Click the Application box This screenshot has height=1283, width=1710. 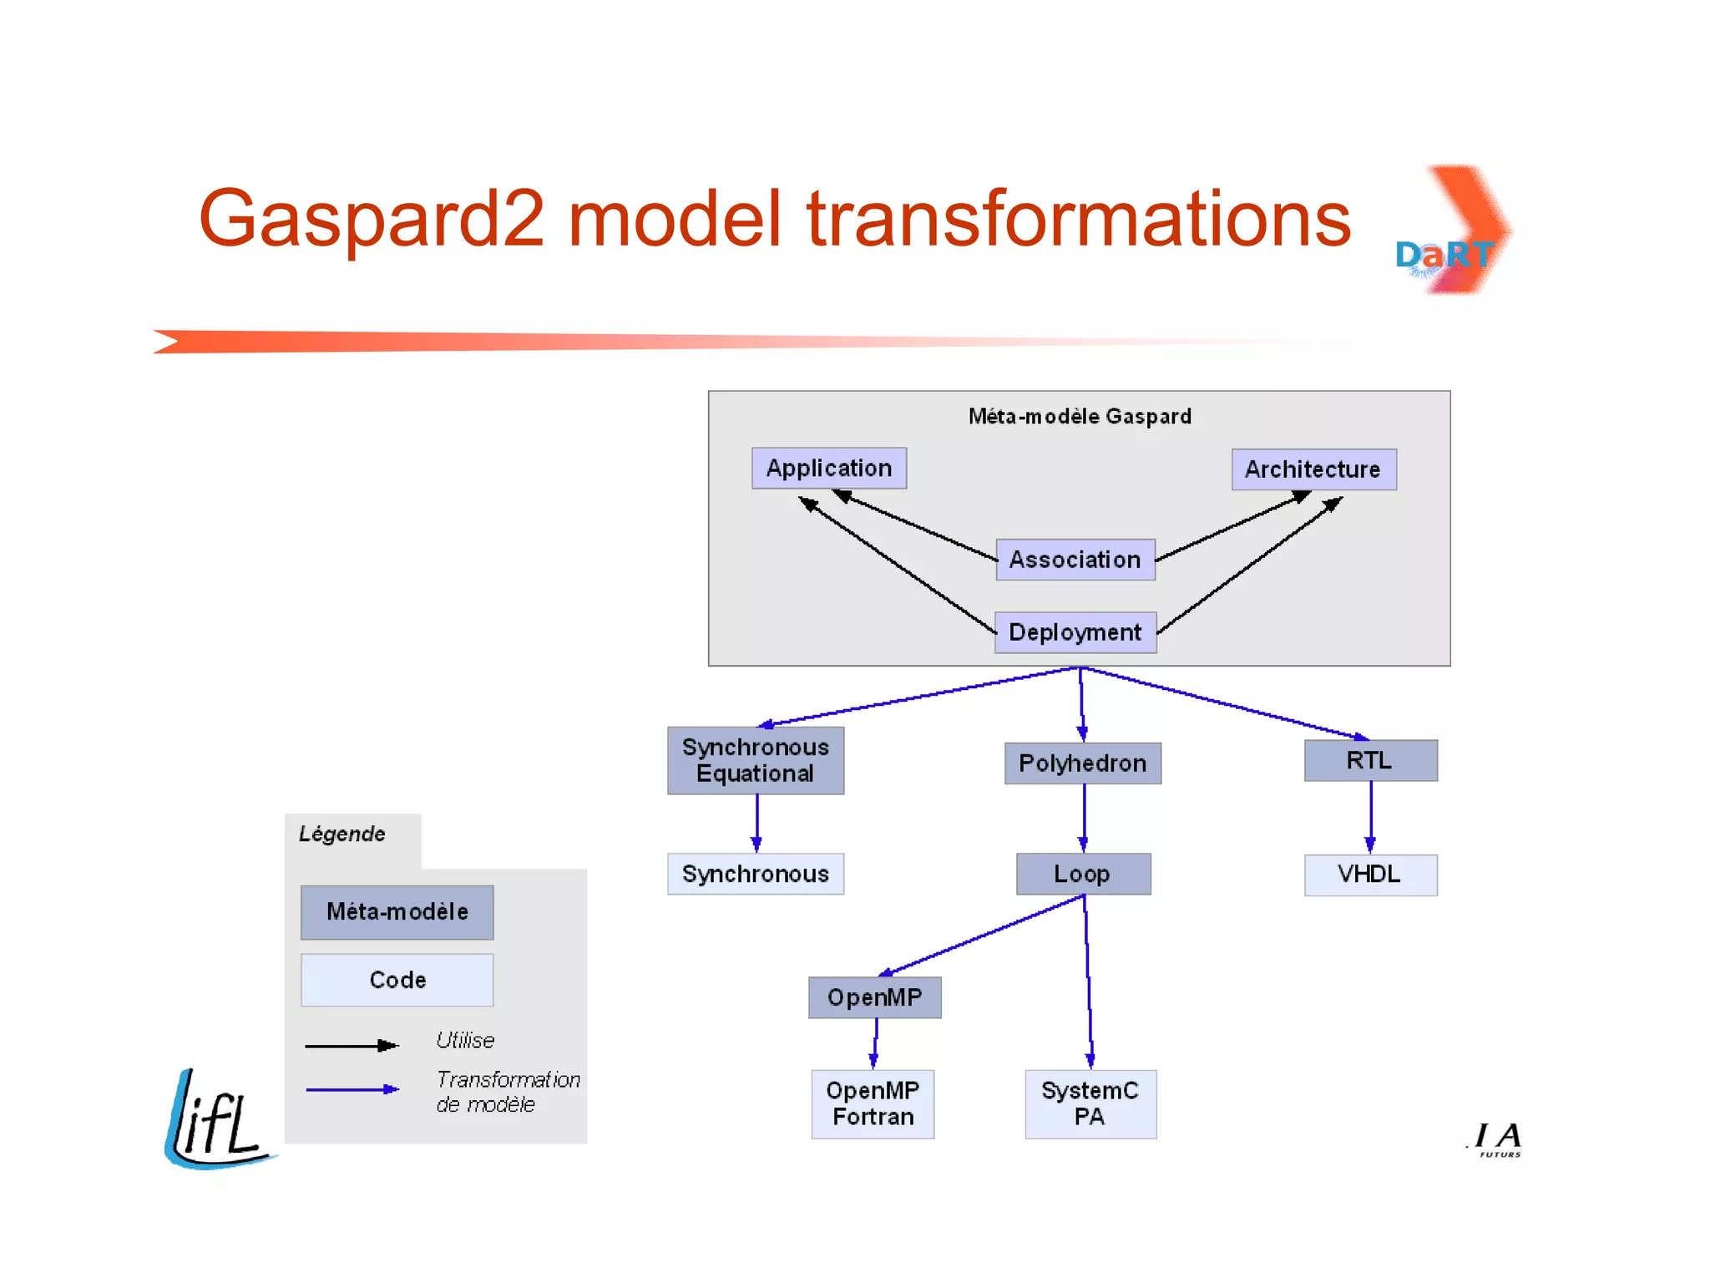(x=828, y=468)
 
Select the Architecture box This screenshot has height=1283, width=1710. (x=1313, y=469)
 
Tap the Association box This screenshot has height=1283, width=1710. (x=1075, y=560)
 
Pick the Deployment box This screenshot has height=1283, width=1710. (x=1075, y=632)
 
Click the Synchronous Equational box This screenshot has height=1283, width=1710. (x=755, y=760)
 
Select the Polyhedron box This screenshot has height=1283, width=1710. (x=1082, y=763)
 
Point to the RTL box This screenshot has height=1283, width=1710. (x=1370, y=761)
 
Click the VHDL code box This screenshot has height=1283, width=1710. (x=1370, y=875)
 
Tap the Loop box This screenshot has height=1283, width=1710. (x=1083, y=874)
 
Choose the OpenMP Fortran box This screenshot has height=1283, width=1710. (x=873, y=1103)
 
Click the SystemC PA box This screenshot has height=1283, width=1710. (x=1090, y=1103)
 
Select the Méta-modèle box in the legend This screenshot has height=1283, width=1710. (x=397, y=912)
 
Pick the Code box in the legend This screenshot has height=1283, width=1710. (x=397, y=980)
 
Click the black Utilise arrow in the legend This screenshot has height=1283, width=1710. (x=351, y=1046)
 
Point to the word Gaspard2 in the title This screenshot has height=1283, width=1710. (x=372, y=219)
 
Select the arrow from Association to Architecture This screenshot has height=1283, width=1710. (x=1232, y=527)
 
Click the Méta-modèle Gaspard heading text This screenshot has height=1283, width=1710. (x=1080, y=416)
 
